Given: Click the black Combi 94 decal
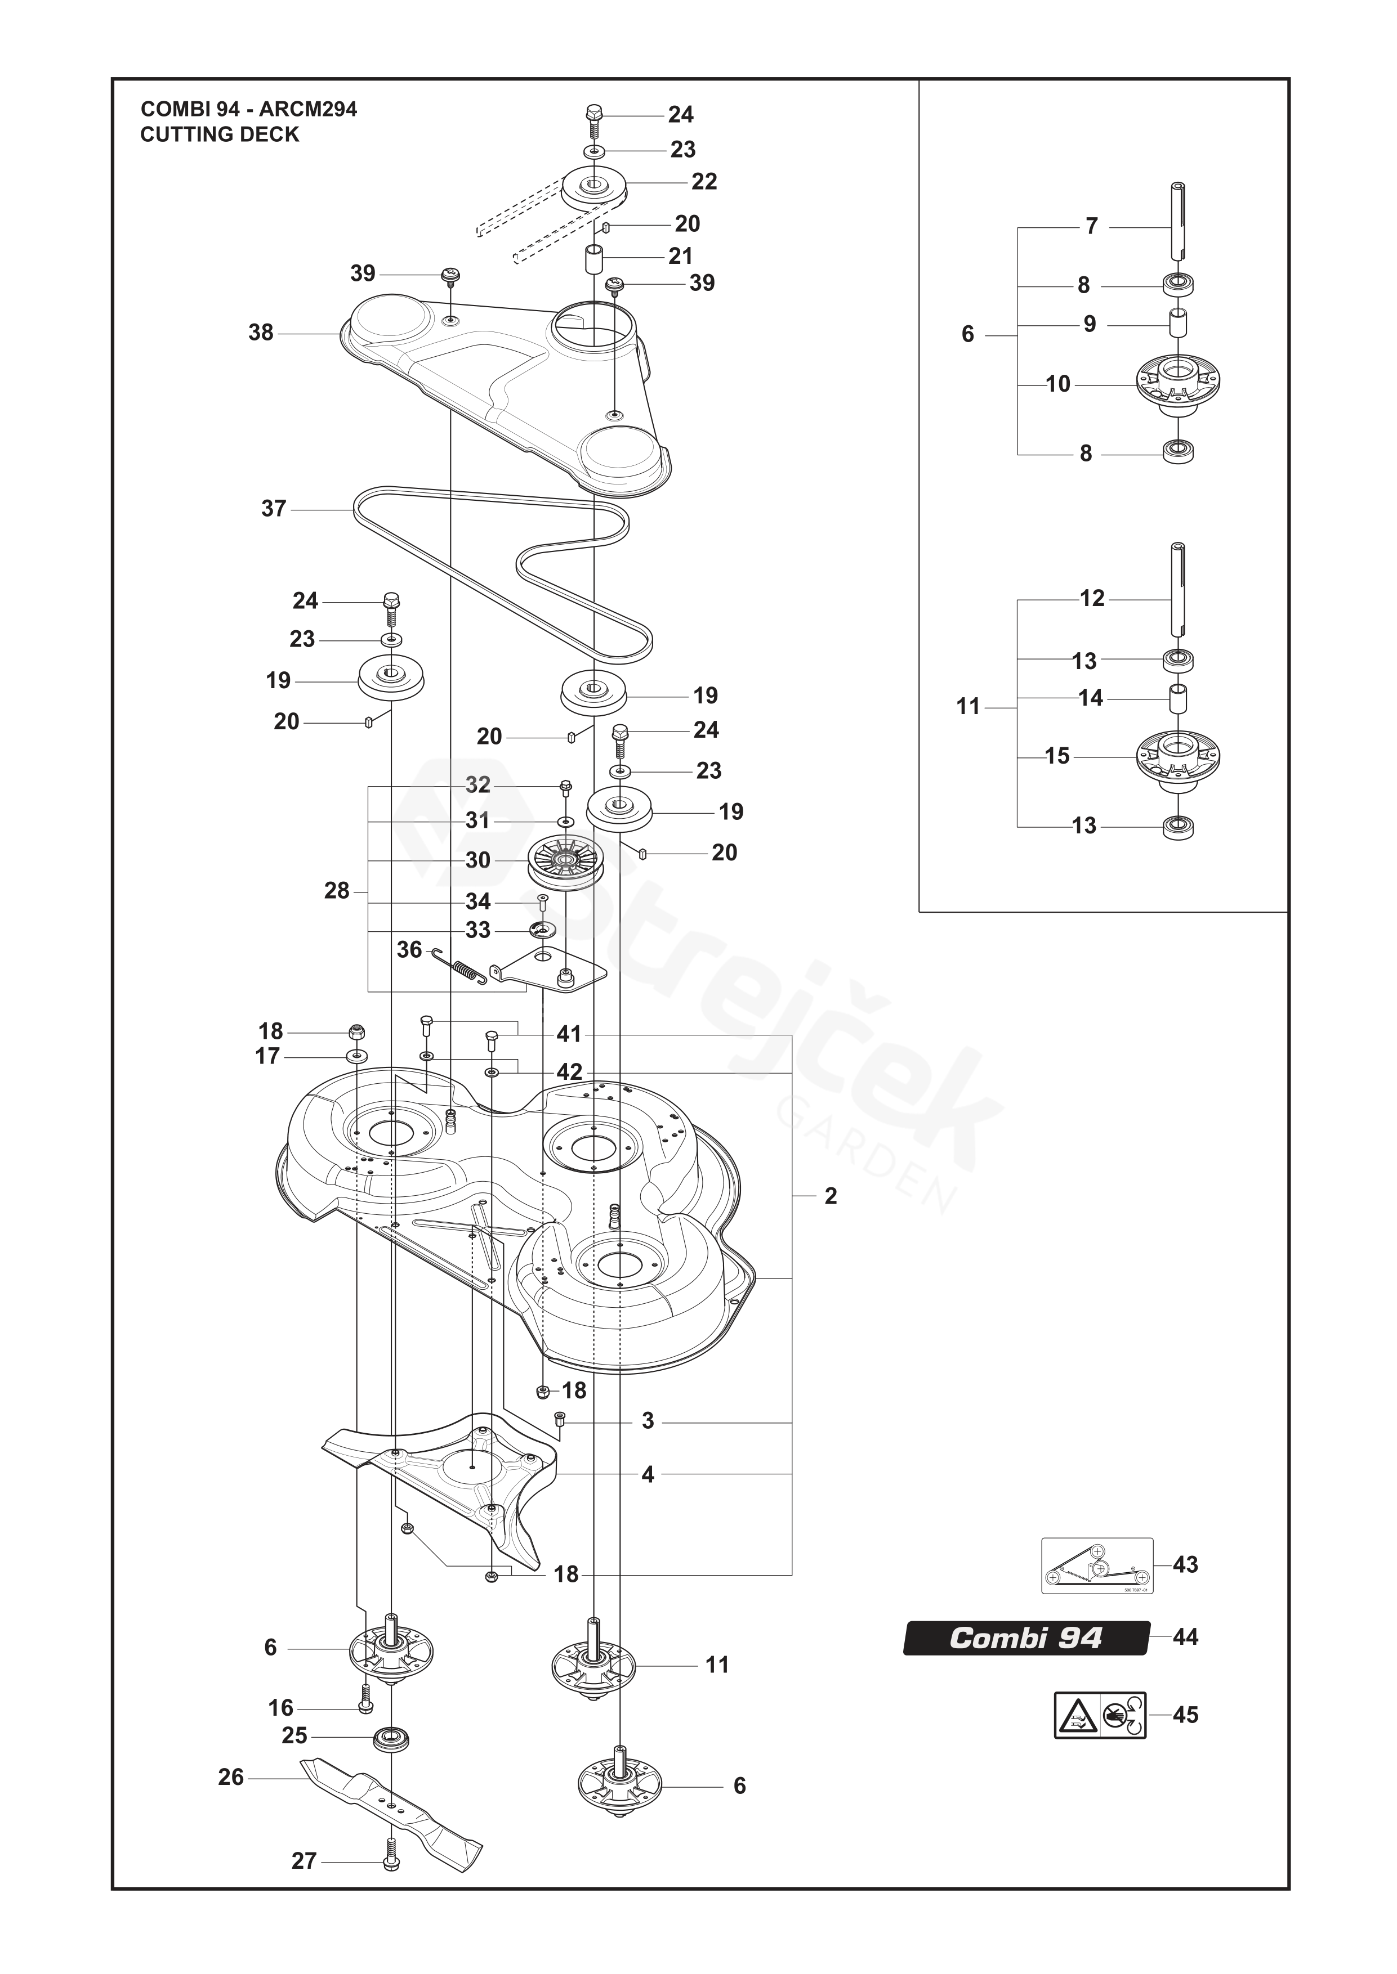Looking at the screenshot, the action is click(x=1025, y=1638).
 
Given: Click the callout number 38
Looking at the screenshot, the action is click(x=261, y=333).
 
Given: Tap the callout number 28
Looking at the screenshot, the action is click(x=336, y=891).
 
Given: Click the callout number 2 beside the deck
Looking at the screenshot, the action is click(x=830, y=1196).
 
